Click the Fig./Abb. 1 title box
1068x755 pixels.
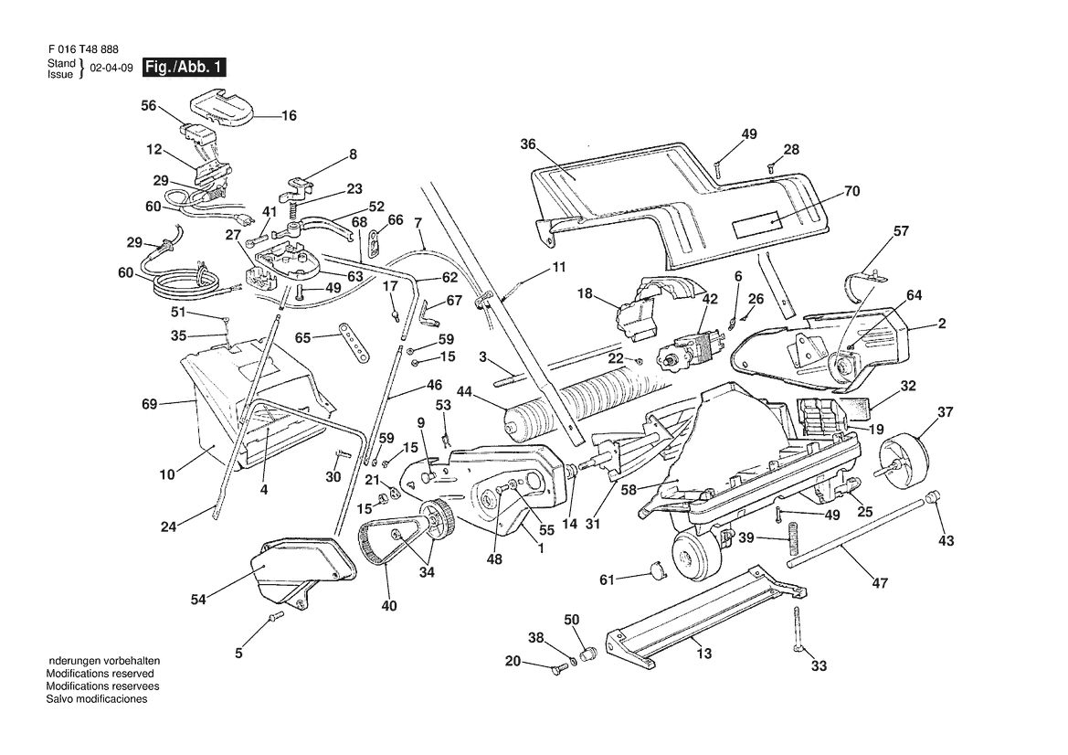coord(184,68)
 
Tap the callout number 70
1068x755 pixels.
coord(852,191)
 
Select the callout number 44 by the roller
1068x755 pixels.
coord(464,392)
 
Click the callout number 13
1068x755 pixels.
coord(704,654)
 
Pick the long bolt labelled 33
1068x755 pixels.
coord(798,630)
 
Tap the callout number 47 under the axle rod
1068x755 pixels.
coord(880,583)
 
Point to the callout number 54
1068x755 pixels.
coord(198,600)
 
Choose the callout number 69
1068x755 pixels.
coord(149,404)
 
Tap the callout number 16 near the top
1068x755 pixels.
coord(290,116)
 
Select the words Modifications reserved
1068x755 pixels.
coord(100,674)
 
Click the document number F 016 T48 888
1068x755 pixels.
coord(83,49)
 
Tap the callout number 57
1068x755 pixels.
coord(901,231)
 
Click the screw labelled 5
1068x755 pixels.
coord(275,617)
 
